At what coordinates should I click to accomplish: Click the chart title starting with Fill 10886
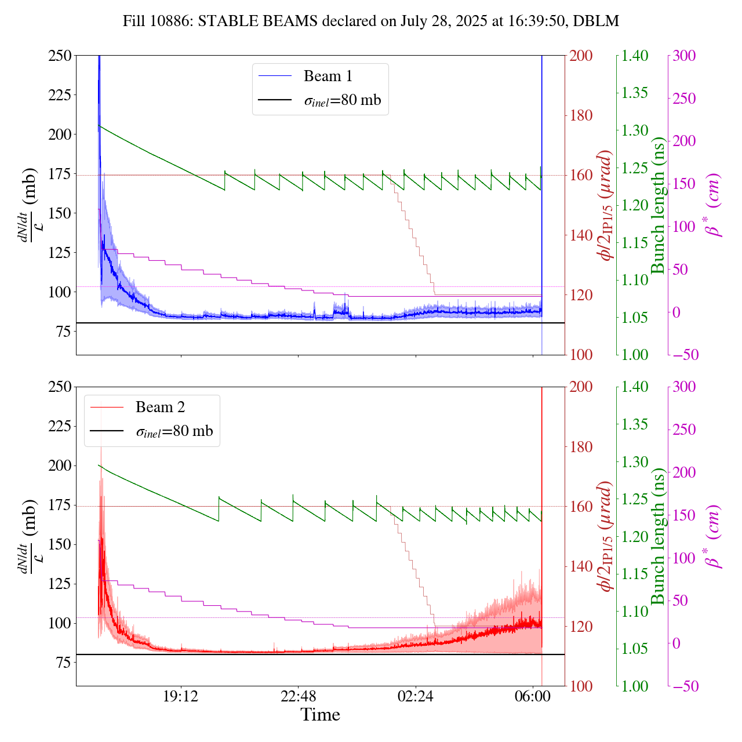click(x=371, y=21)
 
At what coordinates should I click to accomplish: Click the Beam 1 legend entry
click(x=328, y=76)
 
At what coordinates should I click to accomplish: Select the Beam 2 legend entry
click(x=160, y=408)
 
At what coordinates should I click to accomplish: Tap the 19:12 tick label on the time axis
click(x=181, y=696)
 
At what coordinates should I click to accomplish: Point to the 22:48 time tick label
click(x=298, y=696)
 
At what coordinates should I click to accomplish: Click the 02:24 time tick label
click(x=416, y=696)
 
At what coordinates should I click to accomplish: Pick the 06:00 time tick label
click(x=533, y=696)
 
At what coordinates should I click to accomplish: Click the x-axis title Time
click(x=320, y=715)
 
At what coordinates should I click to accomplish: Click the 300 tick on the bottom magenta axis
click(x=684, y=387)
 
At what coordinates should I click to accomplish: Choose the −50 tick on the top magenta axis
click(x=684, y=355)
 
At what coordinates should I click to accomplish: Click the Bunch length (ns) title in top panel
click(x=658, y=205)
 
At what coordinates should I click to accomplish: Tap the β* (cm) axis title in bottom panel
click(x=714, y=536)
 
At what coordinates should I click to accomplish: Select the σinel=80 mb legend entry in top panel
click(x=343, y=100)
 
